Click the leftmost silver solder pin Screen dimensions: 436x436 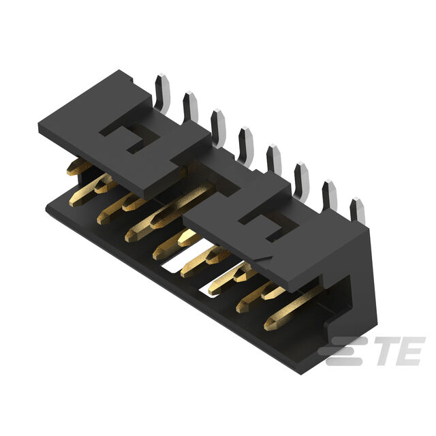163,93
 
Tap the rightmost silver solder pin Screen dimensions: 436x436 358,211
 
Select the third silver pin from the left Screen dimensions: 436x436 219,128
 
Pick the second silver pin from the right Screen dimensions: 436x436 330,196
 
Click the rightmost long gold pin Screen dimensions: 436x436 292,309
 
